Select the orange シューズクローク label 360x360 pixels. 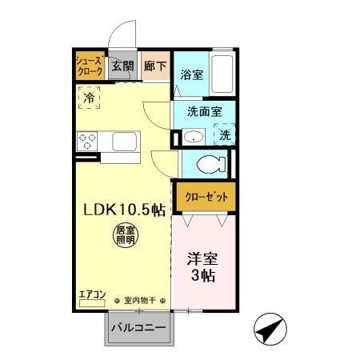click(x=89, y=66)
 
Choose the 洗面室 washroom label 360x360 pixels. click(x=204, y=112)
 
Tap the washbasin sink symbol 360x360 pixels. click(x=191, y=137)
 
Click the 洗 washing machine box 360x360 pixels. click(x=226, y=136)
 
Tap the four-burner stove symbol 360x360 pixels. click(x=87, y=142)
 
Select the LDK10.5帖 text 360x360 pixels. click(x=126, y=210)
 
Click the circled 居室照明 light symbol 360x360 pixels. click(x=123, y=238)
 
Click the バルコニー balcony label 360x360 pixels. click(x=138, y=328)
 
